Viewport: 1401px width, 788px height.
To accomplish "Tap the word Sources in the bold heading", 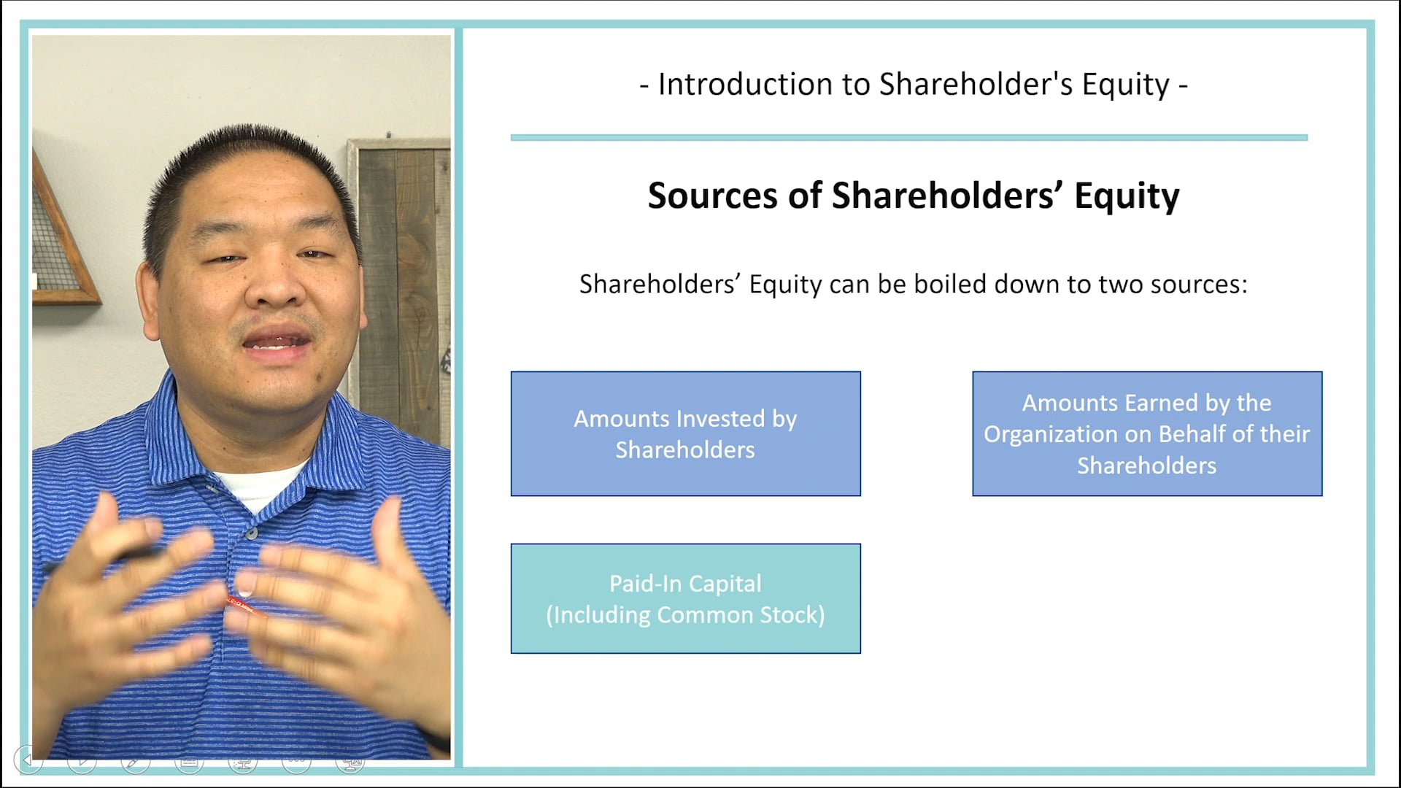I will [712, 196].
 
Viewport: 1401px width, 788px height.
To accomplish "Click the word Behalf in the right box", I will [1192, 434].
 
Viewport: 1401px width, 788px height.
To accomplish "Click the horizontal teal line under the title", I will [908, 137].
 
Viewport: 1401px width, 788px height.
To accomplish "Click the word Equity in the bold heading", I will [1126, 196].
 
